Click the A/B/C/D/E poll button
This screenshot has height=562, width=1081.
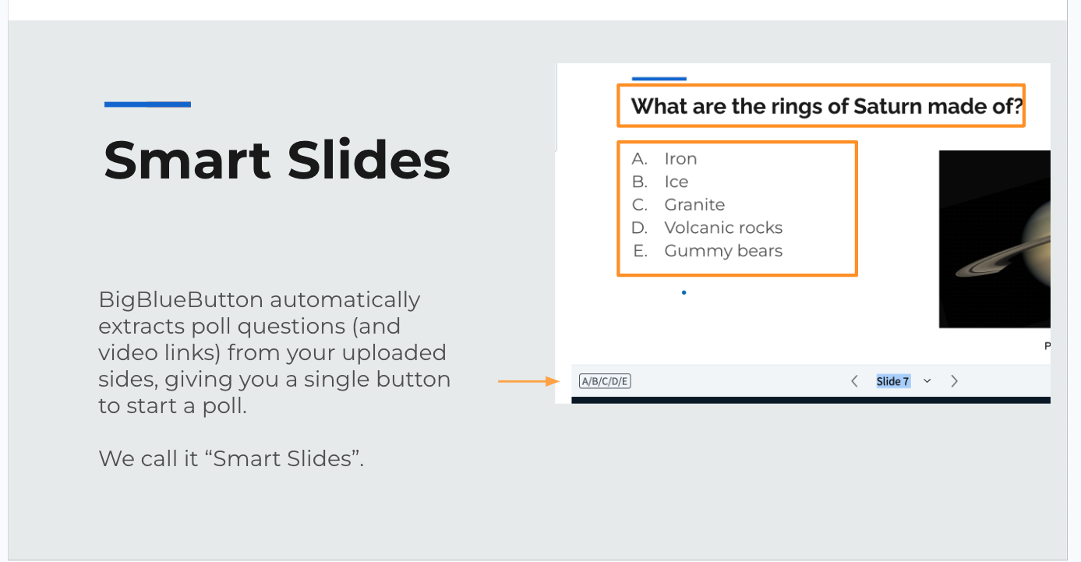[605, 381]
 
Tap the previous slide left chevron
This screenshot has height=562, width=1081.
[854, 381]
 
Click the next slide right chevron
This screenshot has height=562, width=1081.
[954, 381]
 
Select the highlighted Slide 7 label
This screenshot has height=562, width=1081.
[893, 381]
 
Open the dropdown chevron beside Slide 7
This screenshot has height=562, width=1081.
[927, 381]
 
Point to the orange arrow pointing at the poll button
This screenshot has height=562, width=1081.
[529, 381]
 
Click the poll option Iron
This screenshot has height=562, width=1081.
[680, 159]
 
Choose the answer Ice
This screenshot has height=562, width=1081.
[676, 182]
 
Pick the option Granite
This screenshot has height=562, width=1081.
[694, 205]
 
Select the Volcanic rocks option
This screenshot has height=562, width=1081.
[723, 228]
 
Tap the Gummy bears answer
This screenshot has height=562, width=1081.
[723, 251]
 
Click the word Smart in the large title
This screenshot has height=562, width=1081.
[187, 160]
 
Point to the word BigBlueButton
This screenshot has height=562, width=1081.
[181, 300]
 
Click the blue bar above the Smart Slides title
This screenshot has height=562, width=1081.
[147, 104]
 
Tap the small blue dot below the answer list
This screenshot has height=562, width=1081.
[684, 292]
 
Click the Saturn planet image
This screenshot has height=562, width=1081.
[994, 239]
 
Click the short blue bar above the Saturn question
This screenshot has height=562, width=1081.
[659, 78]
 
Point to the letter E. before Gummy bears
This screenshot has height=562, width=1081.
[640, 251]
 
